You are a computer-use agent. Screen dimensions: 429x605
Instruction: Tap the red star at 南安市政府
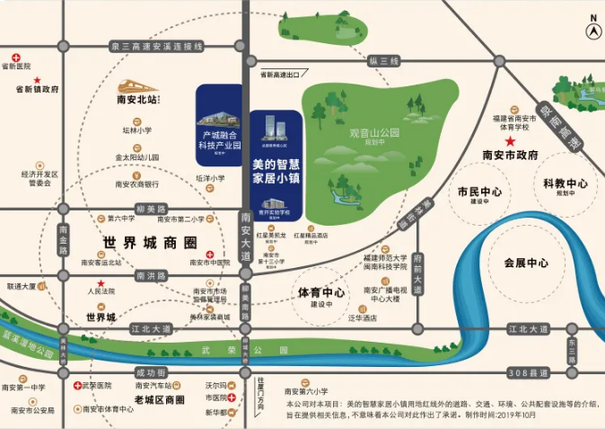[x=511, y=141]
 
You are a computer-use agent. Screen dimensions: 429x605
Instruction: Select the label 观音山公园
[x=366, y=134]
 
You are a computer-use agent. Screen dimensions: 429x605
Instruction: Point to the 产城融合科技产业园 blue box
[x=219, y=125]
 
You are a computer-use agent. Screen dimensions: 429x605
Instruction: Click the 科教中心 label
[x=565, y=184]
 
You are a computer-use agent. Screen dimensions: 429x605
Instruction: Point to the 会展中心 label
[x=525, y=264]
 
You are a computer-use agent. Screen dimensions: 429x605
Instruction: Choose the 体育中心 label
[x=321, y=294]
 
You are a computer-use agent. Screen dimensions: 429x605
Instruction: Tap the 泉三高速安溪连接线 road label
[x=152, y=45]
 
